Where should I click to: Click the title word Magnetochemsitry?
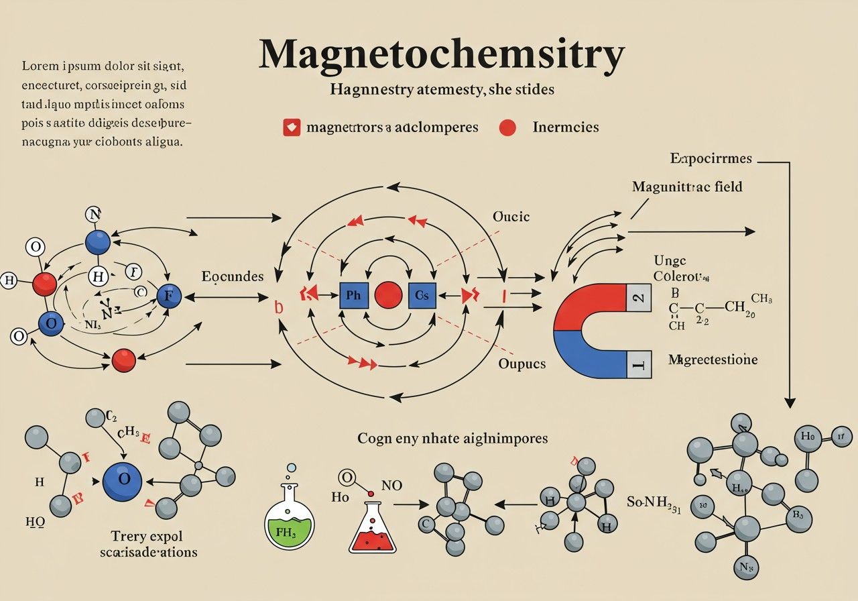coord(441,56)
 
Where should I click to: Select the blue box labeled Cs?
coord(422,296)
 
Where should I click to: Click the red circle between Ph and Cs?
coord(388,296)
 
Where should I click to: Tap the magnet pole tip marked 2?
coord(639,297)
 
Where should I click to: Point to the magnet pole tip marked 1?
coord(639,365)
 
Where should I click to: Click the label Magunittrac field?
coord(687,186)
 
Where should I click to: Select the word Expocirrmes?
coord(711,159)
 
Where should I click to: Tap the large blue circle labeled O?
coord(122,481)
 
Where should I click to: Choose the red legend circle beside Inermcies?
coord(507,127)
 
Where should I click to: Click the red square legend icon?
coord(292,127)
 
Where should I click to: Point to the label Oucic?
coord(511,217)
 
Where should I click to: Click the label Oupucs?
coord(522,364)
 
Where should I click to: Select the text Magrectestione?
coord(713,360)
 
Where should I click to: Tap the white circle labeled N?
coord(94,215)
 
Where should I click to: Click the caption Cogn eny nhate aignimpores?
coord(452,439)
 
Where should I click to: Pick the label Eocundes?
coord(232,276)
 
